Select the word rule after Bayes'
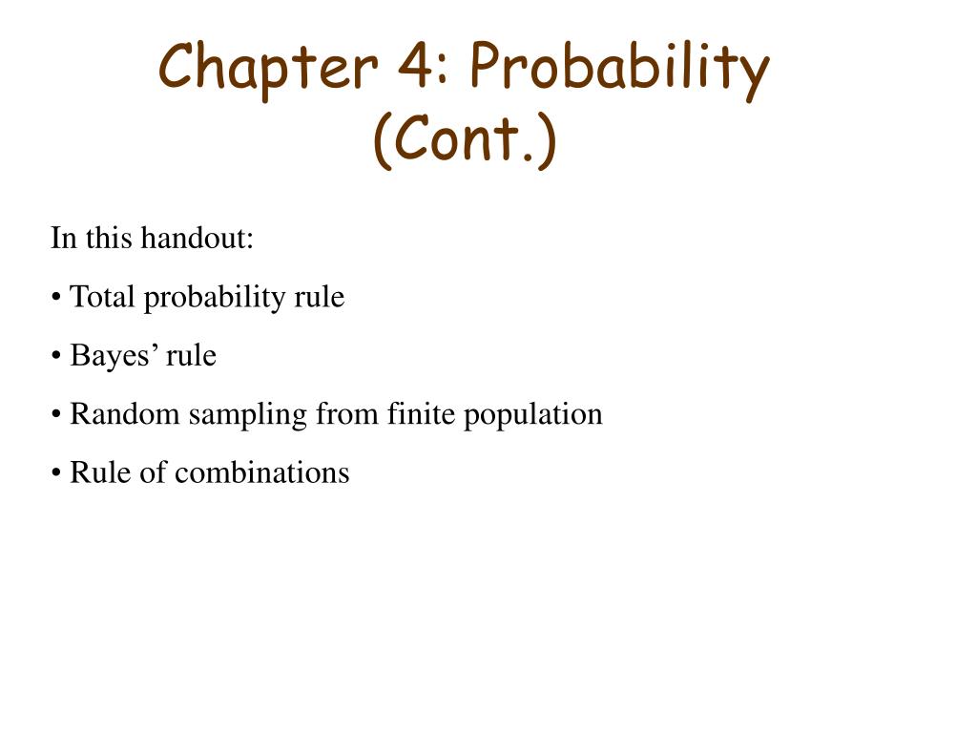[x=192, y=356]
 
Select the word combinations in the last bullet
[x=270, y=472]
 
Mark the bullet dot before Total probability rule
[x=57, y=299]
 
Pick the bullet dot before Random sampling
[x=57, y=416]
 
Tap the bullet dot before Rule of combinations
[x=57, y=474]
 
